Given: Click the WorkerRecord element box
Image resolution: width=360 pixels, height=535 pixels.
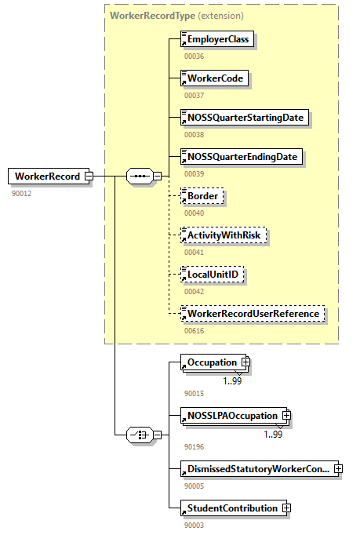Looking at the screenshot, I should pos(46,177).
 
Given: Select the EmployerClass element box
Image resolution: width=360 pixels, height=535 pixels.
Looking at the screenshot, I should pos(217,39).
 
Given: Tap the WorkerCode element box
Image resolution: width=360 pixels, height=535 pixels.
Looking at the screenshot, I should pos(214,78).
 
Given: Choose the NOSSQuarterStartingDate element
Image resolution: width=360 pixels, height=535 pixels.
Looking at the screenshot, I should pos(243,118).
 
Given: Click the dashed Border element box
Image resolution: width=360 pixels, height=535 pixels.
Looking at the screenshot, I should pos(202,196).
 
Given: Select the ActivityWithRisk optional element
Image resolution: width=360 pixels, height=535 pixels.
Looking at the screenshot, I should pos(224,235).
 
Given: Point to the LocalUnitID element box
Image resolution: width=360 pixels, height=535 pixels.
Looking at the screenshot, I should pos(213,275).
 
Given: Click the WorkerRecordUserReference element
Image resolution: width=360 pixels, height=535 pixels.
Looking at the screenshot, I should pos(253,314).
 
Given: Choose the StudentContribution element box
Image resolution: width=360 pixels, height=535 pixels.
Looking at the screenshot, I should pos(231,508).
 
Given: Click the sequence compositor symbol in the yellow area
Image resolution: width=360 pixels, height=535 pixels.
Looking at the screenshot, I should pos(139,177).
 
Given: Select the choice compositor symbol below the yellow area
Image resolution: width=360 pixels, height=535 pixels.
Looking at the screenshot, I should pos(139,435).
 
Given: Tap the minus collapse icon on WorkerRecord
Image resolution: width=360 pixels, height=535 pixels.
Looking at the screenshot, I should pos(89,177).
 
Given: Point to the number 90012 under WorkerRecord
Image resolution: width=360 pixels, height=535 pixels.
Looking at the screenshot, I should pos(21,193).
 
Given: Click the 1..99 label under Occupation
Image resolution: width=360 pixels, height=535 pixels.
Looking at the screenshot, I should pos(233,380).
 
